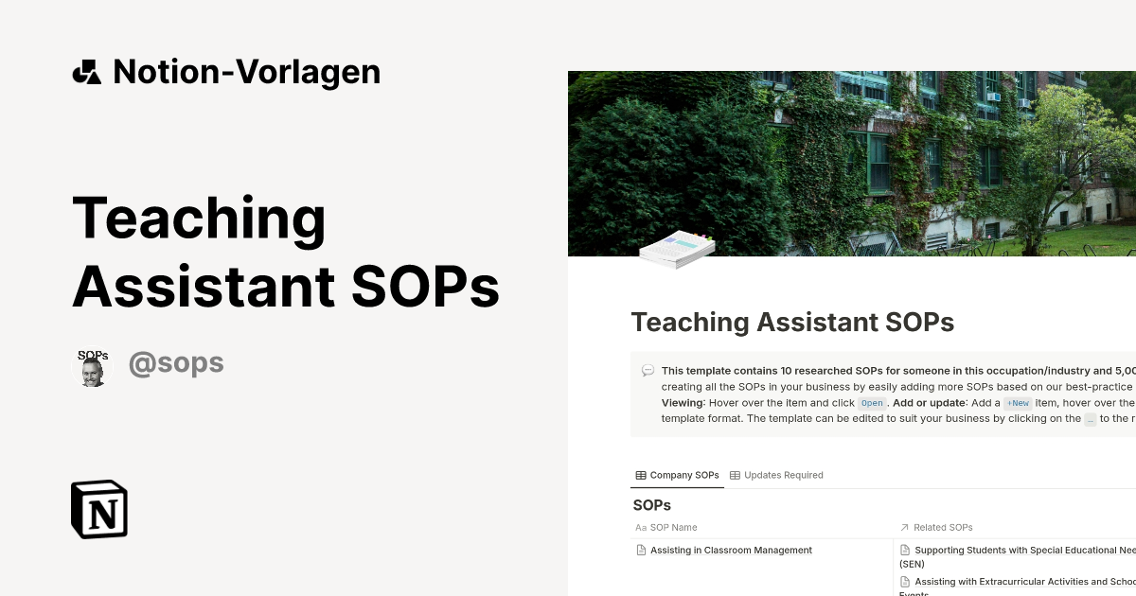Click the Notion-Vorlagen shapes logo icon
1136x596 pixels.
tap(86, 72)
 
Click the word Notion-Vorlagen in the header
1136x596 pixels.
tap(246, 72)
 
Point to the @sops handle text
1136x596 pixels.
tap(176, 363)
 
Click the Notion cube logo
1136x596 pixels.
tap(99, 509)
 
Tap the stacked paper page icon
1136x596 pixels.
tap(677, 249)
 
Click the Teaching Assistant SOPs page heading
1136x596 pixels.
tap(792, 322)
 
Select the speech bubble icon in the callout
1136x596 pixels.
tap(648, 371)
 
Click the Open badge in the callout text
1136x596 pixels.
tap(872, 403)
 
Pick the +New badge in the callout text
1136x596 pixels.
tap(1018, 403)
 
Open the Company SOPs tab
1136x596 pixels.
tap(677, 475)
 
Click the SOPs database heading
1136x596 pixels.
tap(651, 505)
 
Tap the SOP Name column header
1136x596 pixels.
tap(673, 527)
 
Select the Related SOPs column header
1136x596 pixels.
tap(943, 527)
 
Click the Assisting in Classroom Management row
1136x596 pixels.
tap(731, 550)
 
